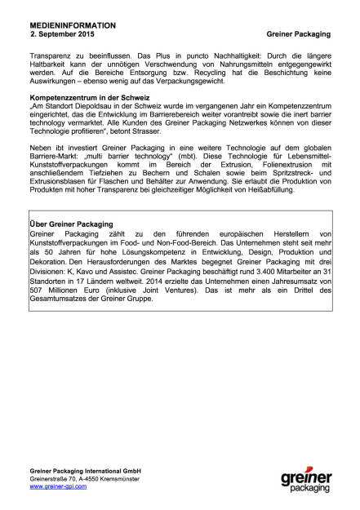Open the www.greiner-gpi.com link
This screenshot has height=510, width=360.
[60, 486]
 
